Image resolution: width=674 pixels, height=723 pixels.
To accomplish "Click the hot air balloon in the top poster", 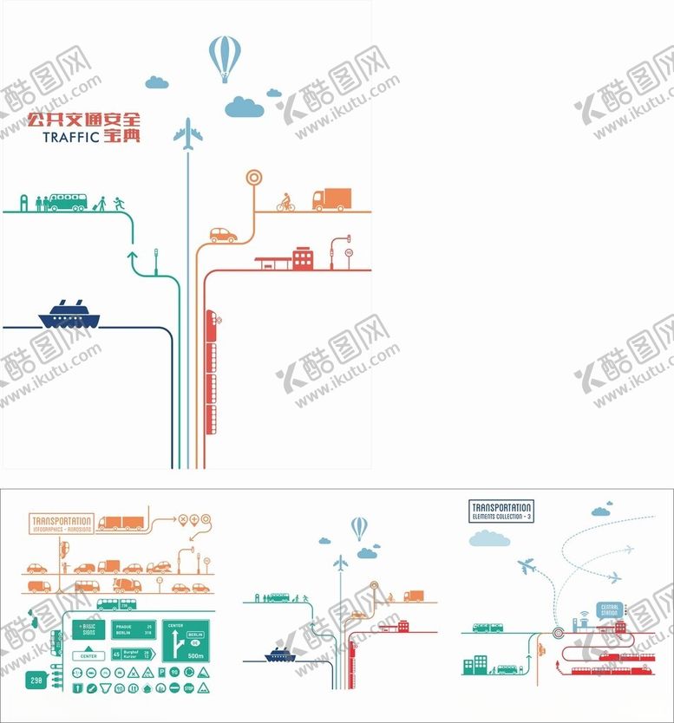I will pyautogui.click(x=224, y=57).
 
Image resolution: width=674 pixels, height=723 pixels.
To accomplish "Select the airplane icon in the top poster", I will pyautogui.click(x=187, y=135).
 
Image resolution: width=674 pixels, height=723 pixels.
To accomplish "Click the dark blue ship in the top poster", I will pyautogui.click(x=69, y=314).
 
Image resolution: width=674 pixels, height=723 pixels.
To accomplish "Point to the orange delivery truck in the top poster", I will pyautogui.click(x=331, y=200).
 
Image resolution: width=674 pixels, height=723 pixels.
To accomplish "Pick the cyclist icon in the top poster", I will pyautogui.click(x=285, y=202).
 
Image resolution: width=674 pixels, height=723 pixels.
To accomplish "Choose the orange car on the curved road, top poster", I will pyautogui.click(x=223, y=235).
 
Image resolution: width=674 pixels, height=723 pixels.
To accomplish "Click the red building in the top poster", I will pyautogui.click(x=303, y=257).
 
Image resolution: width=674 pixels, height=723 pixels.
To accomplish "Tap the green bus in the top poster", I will pyautogui.click(x=67, y=202).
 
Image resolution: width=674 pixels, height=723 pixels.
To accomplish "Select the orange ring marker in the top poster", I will pyautogui.click(x=253, y=178).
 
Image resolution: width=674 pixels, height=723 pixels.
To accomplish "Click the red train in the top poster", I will pyautogui.click(x=211, y=373).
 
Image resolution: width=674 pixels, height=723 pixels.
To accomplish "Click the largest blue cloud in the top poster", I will pyautogui.click(x=244, y=107).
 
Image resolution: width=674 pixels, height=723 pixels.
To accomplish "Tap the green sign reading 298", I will pyautogui.click(x=35, y=680).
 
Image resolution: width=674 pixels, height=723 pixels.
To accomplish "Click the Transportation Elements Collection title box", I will pyautogui.click(x=501, y=511).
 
